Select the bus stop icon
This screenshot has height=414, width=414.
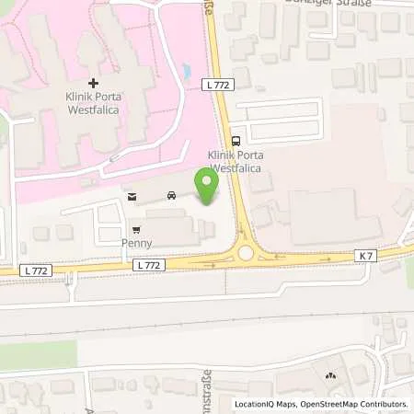pyautogui.click(x=236, y=141)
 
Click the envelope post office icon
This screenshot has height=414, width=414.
pyautogui.click(x=132, y=196)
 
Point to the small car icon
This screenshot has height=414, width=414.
pyautogui.click(x=171, y=195)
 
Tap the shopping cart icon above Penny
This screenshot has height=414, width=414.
pyautogui.click(x=137, y=229)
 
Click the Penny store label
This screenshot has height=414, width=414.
pyautogui.click(x=137, y=244)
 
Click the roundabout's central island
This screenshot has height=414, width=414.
pyautogui.click(x=246, y=253)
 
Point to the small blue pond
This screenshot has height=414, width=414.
pyautogui.click(x=188, y=71)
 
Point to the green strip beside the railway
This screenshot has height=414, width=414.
pyautogui.click(x=37, y=355)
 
